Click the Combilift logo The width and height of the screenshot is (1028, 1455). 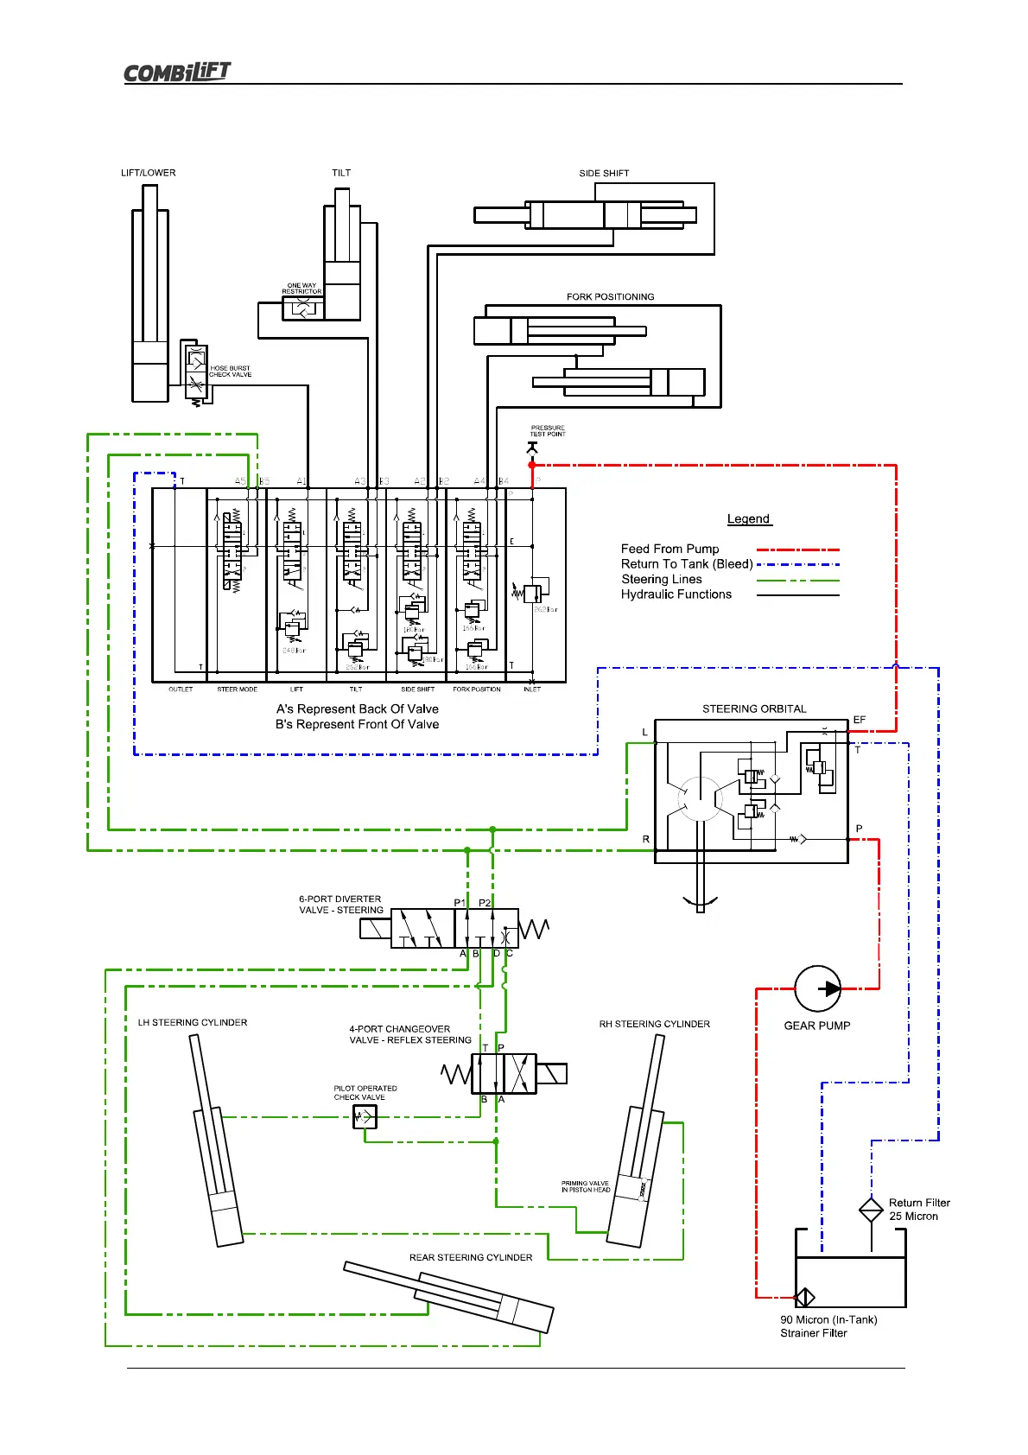[x=177, y=72]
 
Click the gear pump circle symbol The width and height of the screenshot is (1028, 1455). [x=817, y=988]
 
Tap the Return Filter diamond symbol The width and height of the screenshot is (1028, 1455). [x=871, y=1210]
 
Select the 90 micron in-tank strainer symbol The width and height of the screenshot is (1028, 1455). [x=805, y=1297]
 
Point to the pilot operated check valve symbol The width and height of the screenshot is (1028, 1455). [x=365, y=1117]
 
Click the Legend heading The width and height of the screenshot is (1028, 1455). [x=748, y=519]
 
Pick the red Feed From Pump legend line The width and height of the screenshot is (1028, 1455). [x=797, y=550]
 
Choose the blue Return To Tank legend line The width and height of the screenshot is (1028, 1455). [x=797, y=564]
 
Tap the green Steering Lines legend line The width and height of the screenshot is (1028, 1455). [x=797, y=580]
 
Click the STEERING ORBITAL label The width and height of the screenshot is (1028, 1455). [x=754, y=709]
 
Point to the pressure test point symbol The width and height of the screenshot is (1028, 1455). [x=532, y=448]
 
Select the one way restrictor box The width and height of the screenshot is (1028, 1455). [x=302, y=308]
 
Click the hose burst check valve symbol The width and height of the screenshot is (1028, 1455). [x=196, y=371]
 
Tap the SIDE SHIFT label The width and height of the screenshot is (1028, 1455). [x=604, y=174]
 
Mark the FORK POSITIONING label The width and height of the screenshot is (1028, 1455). [x=610, y=297]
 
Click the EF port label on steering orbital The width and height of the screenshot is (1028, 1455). [x=859, y=720]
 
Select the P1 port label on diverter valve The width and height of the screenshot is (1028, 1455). [x=460, y=903]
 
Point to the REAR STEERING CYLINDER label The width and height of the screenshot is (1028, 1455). [x=471, y=1258]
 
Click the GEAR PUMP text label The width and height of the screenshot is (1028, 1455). [x=816, y=1026]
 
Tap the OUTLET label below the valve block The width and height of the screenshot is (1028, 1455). [x=181, y=689]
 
